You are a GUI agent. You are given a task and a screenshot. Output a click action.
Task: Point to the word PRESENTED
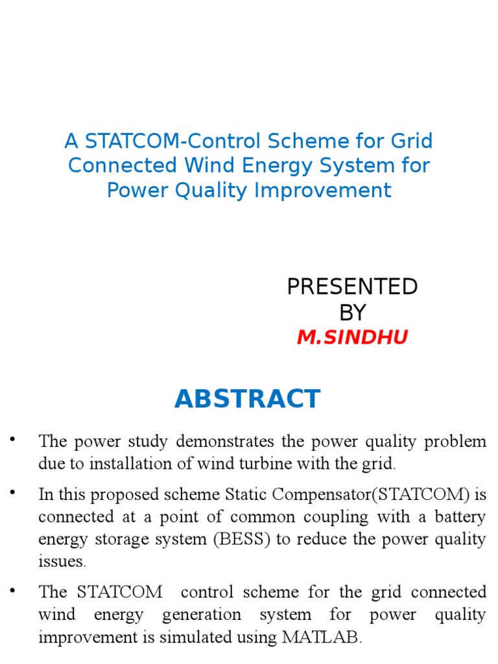point(352,286)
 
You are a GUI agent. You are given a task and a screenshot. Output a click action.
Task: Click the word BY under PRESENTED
point(352,313)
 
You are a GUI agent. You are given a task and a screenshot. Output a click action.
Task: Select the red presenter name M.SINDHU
point(352,337)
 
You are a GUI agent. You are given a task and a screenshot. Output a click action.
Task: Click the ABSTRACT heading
point(247,399)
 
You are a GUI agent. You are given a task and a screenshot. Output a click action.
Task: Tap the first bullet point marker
point(12,440)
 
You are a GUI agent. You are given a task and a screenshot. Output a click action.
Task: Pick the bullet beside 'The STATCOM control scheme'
point(12,590)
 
